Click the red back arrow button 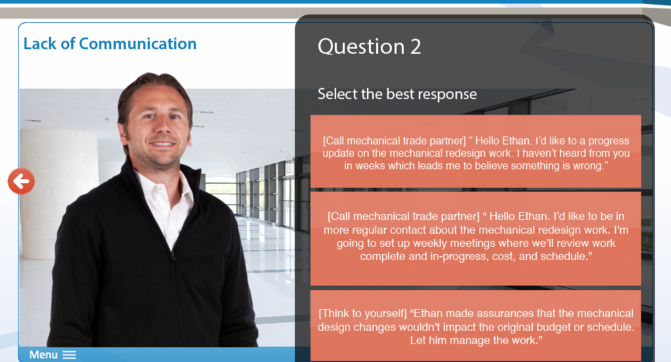tap(21, 181)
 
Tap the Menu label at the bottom tap(43, 355)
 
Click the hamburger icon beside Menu tap(69, 355)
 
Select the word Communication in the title tap(137, 43)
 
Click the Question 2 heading tap(369, 46)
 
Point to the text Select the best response tap(397, 94)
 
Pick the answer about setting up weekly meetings tap(476, 238)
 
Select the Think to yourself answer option tap(476, 326)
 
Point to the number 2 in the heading tap(416, 47)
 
